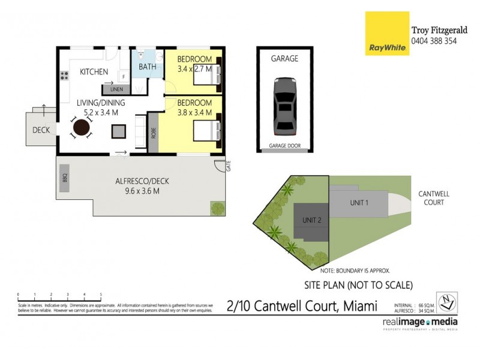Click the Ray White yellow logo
pyautogui.click(x=387, y=34)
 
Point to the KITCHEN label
pyautogui.click(x=94, y=72)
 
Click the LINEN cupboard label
pyautogui.click(x=116, y=89)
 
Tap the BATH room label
pyautogui.click(x=147, y=67)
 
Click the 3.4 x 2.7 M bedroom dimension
pyautogui.click(x=194, y=69)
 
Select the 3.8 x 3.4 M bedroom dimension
pyautogui.click(x=194, y=112)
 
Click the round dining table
pyautogui.click(x=82, y=128)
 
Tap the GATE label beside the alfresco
pyautogui.click(x=229, y=167)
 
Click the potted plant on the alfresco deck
pyautogui.click(x=217, y=208)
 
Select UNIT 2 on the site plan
pyautogui.click(x=311, y=220)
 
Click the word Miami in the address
pyautogui.click(x=360, y=307)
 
